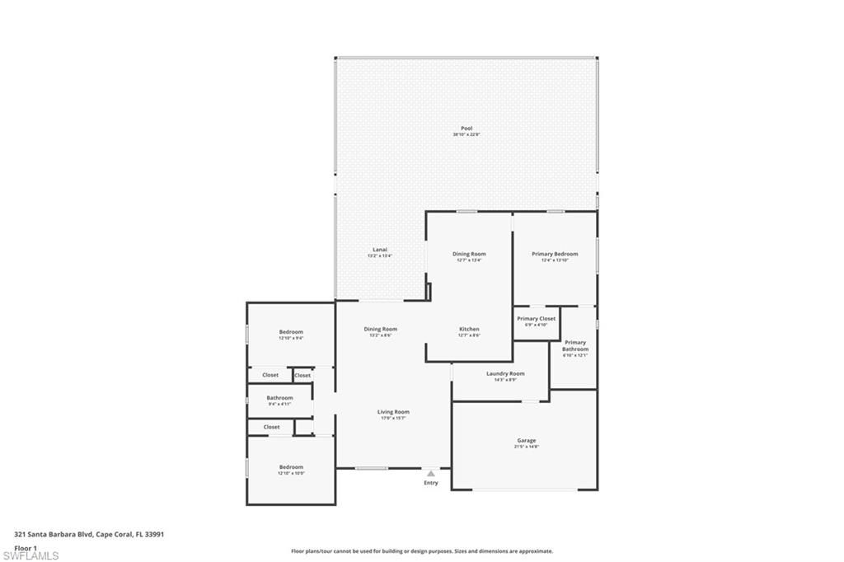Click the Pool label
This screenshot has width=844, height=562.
tap(467, 130)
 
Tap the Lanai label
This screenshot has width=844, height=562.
tap(380, 252)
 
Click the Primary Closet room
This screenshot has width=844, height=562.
tap(536, 321)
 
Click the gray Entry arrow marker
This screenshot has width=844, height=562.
tap(430, 474)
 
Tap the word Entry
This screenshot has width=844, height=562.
tap(431, 483)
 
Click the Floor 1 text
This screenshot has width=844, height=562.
tap(26, 547)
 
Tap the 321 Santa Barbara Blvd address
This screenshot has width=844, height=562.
tap(89, 534)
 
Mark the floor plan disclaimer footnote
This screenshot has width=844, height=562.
tap(422, 551)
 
